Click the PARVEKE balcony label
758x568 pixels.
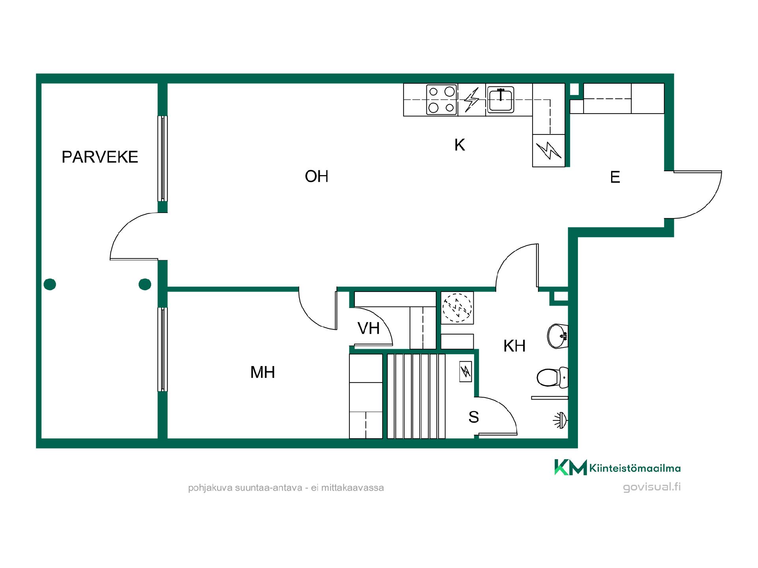tap(100, 157)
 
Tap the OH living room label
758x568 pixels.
tap(317, 176)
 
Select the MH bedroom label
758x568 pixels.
tap(263, 372)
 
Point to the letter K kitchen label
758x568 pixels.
tap(460, 145)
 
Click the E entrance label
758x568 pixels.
tap(615, 177)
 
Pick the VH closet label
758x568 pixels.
tap(369, 328)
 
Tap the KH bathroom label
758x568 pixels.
tap(514, 346)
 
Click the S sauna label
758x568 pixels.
tap(474, 417)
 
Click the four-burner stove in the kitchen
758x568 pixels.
tap(441, 99)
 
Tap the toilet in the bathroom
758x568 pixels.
tap(552, 377)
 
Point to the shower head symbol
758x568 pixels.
tap(560, 420)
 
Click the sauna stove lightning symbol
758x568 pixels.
tap(466, 372)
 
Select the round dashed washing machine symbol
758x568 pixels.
tap(457, 308)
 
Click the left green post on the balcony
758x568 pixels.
tap(50, 284)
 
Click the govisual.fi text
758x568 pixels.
tap(652, 487)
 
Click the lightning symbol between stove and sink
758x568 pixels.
tap(471, 99)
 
